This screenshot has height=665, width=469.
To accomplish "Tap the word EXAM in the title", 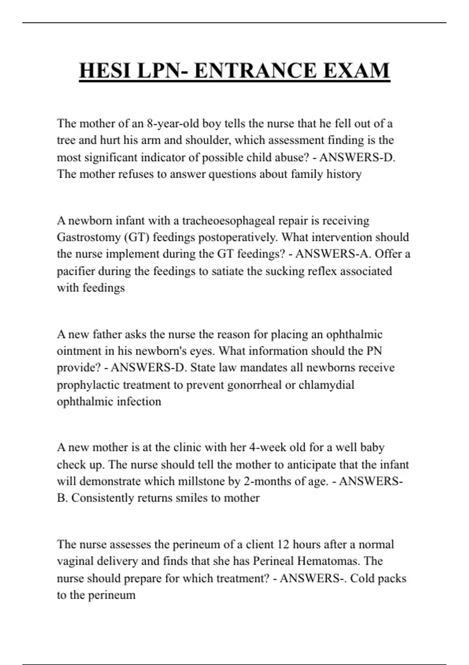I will click(x=356, y=71).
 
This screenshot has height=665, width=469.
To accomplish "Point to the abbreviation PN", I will click(x=374, y=351).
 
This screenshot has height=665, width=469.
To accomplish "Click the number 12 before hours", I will click(x=283, y=545).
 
